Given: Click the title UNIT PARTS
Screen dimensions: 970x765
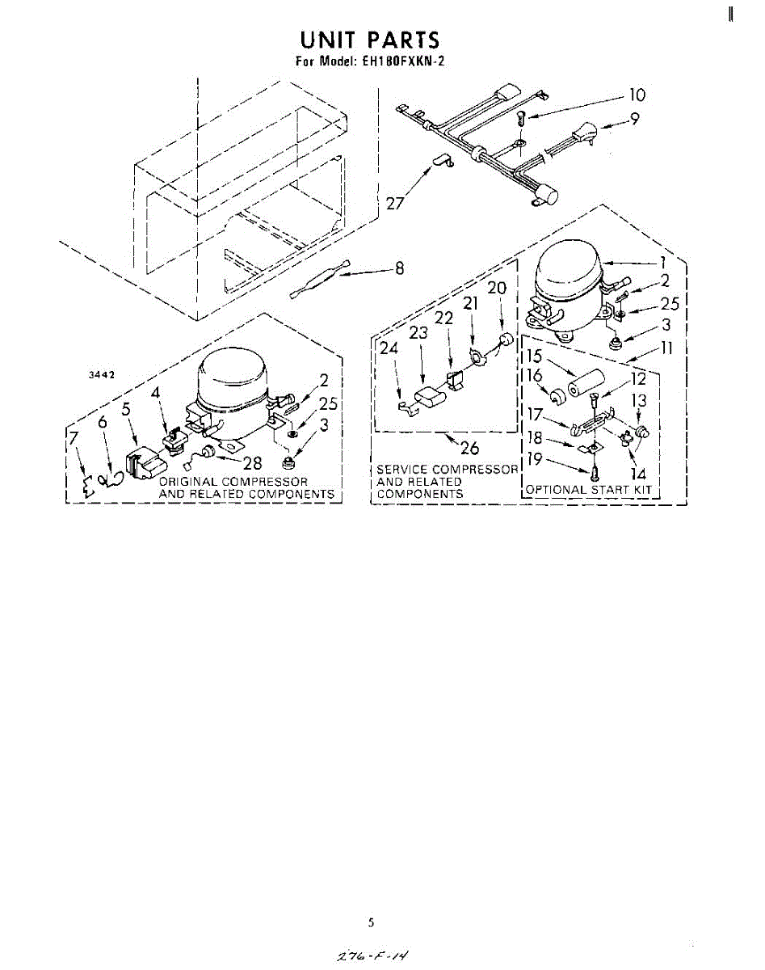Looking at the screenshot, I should tap(370, 40).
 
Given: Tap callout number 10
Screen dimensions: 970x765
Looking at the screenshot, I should tap(637, 95).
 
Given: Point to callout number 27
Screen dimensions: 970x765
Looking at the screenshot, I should tap(395, 203).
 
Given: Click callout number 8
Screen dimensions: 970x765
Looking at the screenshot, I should tap(398, 270).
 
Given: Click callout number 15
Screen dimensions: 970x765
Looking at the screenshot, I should tap(534, 356).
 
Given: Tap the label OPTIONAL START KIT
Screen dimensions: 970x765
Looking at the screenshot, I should tap(588, 490).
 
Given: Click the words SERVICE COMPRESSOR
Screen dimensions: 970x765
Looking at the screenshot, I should tap(447, 470).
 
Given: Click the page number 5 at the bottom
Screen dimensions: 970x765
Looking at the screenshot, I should tap(371, 921).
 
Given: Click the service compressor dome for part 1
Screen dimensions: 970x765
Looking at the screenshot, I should tap(566, 274).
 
